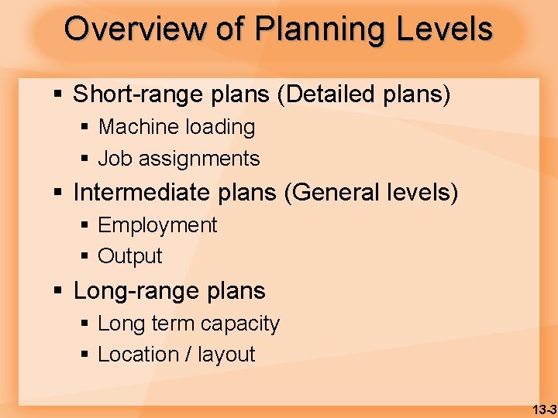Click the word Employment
coord(157,225)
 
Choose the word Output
coord(130,256)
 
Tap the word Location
coord(138,355)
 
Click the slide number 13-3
coord(545,409)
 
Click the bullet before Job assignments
coord(85,159)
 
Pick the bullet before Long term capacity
coord(85,324)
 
